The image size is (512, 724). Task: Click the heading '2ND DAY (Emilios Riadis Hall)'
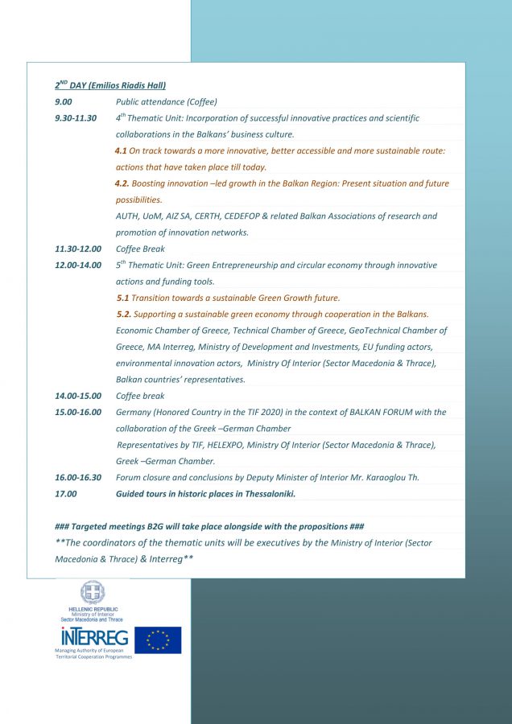pyautogui.click(x=110, y=85)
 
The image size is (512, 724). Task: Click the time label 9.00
pyautogui.click(x=64, y=102)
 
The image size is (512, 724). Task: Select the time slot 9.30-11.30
pyautogui.click(x=76, y=118)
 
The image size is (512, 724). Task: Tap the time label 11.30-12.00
pyautogui.click(x=78, y=249)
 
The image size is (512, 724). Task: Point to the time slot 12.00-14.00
pyautogui.click(x=78, y=265)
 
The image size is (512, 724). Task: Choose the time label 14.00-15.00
pyautogui.click(x=78, y=396)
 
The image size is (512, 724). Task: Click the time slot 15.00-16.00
pyautogui.click(x=78, y=413)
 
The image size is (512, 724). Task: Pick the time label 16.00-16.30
pyautogui.click(x=78, y=478)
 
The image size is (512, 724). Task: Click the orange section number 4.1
pyautogui.click(x=121, y=151)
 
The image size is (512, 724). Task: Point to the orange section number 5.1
pyautogui.click(x=122, y=298)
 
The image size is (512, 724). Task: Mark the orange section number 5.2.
pyautogui.click(x=123, y=314)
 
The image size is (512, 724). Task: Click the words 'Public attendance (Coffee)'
pyautogui.click(x=166, y=102)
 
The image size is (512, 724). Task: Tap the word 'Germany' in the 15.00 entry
pyautogui.click(x=134, y=413)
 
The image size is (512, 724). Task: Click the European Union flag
pyautogui.click(x=158, y=640)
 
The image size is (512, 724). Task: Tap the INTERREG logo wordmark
pyautogui.click(x=91, y=638)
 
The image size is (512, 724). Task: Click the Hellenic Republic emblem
pyautogui.click(x=92, y=593)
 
